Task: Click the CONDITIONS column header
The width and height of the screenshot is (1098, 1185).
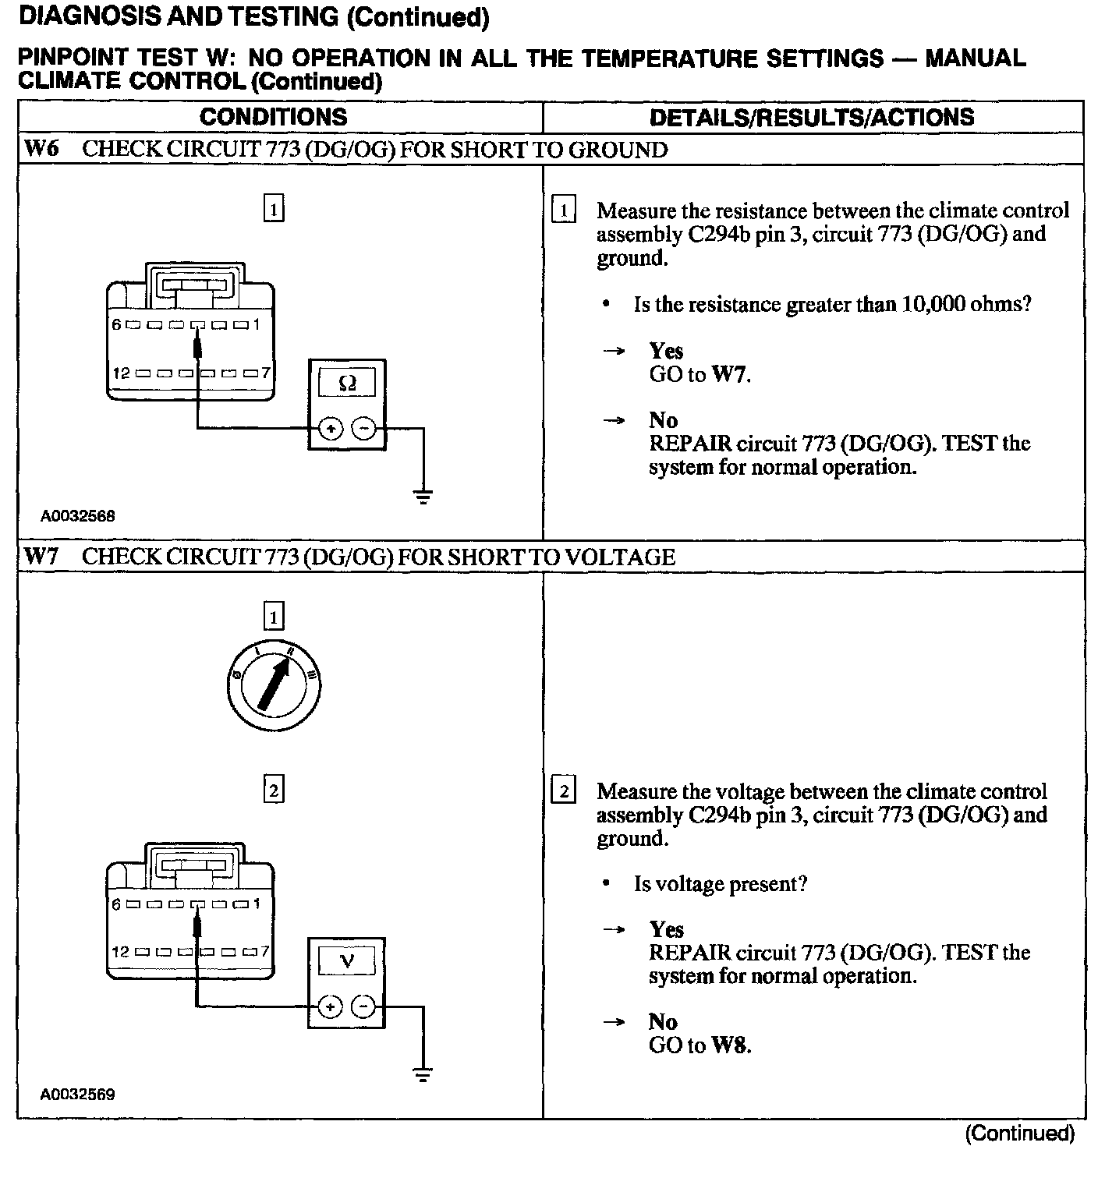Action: (x=273, y=117)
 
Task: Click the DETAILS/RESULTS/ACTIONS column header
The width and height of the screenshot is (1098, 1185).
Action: (x=812, y=118)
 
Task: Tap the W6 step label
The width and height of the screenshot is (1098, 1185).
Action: (x=41, y=149)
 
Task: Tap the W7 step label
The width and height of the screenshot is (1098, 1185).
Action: (x=41, y=557)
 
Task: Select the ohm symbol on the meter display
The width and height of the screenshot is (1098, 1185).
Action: (x=348, y=383)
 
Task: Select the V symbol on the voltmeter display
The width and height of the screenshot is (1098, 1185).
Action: (x=348, y=961)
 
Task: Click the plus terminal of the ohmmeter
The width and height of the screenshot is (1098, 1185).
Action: (x=331, y=429)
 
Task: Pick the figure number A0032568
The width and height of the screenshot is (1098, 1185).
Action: (x=78, y=516)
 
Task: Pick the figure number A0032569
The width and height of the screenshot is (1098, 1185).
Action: (x=78, y=1095)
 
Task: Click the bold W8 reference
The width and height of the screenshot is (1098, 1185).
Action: (x=730, y=1045)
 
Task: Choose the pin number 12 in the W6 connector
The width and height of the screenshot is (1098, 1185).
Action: (x=121, y=373)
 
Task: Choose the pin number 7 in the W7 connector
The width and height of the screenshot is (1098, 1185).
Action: (x=264, y=951)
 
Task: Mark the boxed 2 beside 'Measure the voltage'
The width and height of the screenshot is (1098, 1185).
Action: (x=563, y=791)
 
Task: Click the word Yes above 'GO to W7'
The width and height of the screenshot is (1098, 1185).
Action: (x=666, y=351)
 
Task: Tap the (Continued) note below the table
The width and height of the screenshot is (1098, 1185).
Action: (x=1019, y=1133)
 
